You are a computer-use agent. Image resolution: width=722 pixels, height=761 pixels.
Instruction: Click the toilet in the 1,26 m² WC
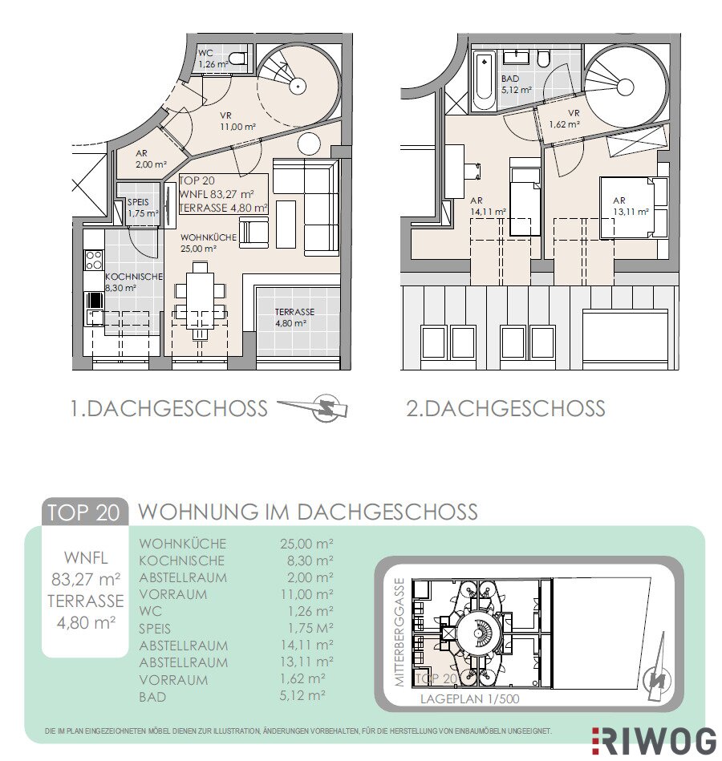pyautogui.click(x=237, y=59)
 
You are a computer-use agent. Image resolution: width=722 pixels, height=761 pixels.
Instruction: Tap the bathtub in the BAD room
pyautogui.click(x=483, y=81)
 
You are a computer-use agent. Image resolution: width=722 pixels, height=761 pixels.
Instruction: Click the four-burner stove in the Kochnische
pyautogui.click(x=94, y=260)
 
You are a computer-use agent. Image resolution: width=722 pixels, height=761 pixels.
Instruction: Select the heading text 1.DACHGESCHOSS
pyautogui.click(x=169, y=408)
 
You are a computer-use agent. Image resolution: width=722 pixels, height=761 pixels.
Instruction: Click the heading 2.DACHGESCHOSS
pyautogui.click(x=505, y=408)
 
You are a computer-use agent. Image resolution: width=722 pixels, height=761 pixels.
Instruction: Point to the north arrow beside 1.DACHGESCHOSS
pyautogui.click(x=313, y=407)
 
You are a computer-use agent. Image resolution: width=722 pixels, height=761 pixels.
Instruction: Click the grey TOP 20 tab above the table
pyautogui.click(x=84, y=512)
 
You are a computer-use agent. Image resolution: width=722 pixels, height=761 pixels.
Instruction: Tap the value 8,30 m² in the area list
pyautogui.click(x=310, y=561)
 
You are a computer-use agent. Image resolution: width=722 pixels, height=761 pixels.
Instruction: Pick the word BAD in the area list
pyautogui.click(x=152, y=697)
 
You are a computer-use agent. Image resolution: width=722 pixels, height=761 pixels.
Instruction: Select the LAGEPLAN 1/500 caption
pyautogui.click(x=469, y=699)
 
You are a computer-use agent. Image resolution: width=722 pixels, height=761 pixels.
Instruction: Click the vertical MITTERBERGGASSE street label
pyautogui.click(x=400, y=632)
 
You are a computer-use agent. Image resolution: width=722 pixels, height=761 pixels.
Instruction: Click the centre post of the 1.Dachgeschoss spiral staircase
pyautogui.click(x=297, y=87)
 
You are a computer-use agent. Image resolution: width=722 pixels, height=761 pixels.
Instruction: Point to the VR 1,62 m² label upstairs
pyautogui.click(x=566, y=119)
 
